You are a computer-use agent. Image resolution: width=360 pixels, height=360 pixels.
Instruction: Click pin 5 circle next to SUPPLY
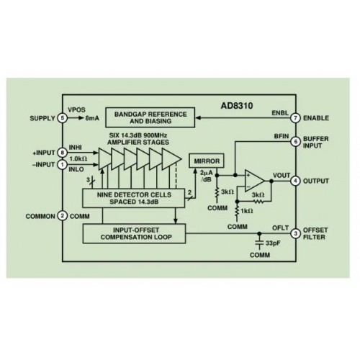(x=63, y=118)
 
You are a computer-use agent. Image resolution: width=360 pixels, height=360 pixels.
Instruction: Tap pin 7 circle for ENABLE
(x=295, y=118)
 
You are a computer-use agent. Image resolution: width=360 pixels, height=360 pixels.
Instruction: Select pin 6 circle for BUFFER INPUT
(x=295, y=142)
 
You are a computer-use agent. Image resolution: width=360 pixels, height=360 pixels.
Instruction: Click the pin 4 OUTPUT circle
(x=295, y=181)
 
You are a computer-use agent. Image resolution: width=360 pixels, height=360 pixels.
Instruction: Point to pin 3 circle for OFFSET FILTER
(x=295, y=233)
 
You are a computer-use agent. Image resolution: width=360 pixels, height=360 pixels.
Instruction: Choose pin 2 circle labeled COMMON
(x=63, y=216)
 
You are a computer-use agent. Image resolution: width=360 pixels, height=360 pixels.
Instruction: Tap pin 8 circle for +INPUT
(x=63, y=153)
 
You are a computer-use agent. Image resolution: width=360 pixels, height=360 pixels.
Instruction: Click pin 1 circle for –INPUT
(x=63, y=165)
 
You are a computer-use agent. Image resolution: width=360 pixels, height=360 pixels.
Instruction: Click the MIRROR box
(x=207, y=161)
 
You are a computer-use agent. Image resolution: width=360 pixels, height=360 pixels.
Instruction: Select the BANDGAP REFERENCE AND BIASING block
(x=150, y=117)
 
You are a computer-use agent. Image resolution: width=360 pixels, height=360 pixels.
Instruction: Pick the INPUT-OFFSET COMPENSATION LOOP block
(x=134, y=233)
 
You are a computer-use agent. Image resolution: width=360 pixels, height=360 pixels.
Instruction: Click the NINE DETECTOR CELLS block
(x=134, y=198)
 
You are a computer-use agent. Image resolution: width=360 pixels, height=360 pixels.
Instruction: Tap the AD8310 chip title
(x=237, y=106)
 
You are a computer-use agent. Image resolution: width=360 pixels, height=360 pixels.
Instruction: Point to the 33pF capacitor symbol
(x=259, y=243)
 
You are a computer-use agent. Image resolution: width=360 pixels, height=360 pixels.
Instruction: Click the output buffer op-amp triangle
(x=254, y=181)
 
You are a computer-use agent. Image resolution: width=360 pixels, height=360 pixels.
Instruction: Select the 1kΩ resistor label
(x=247, y=211)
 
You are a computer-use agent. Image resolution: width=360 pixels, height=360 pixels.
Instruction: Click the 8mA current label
(x=92, y=118)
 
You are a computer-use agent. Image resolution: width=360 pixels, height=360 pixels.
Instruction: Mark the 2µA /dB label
(x=206, y=176)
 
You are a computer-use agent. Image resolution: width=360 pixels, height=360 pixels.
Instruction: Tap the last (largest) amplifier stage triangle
(x=171, y=158)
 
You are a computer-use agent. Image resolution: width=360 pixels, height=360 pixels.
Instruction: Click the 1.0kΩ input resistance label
(x=78, y=158)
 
